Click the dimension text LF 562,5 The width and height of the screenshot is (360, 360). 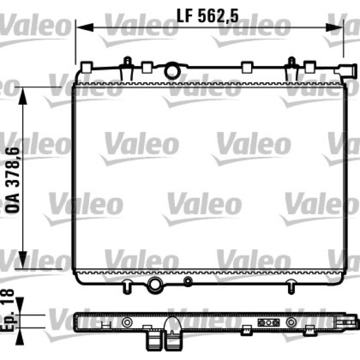click(208, 16)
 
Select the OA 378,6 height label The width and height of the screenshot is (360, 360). click(13, 180)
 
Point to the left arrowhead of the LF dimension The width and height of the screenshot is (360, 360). click(85, 27)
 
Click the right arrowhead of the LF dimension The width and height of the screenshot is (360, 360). click(334, 27)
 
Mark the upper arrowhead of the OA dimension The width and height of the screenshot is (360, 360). click(23, 96)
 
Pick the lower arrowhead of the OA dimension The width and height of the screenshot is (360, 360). click(23, 260)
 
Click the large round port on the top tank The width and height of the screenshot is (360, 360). click(172, 71)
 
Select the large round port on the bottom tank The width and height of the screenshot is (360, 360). click(155, 285)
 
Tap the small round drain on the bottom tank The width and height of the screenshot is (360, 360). click(188, 281)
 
